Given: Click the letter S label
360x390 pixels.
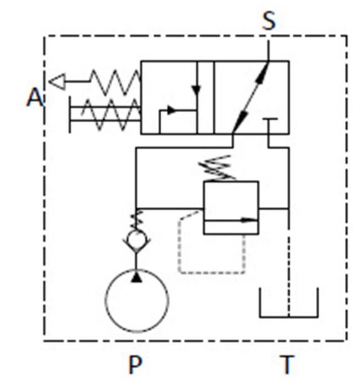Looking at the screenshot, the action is tap(269, 21).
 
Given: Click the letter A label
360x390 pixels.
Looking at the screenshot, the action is tap(35, 97).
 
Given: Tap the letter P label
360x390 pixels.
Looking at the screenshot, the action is tap(135, 364).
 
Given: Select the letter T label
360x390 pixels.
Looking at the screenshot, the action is tap(287, 364).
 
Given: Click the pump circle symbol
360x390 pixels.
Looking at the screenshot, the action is tap(106, 301).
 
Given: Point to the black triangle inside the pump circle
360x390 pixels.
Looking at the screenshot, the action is tap(136, 277).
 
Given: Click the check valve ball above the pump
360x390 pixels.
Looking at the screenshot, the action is tap(136, 239).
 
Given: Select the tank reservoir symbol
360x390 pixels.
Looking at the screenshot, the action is tap(289, 317).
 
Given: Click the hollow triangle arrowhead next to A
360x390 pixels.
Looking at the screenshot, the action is tap(58, 82).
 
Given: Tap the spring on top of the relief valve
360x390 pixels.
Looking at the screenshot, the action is tap(217, 168).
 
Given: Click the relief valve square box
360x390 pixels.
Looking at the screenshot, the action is tap(204, 208).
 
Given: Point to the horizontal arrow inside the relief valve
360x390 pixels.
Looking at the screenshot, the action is tap(231, 220).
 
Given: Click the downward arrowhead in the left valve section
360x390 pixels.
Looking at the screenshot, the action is tap(196, 90).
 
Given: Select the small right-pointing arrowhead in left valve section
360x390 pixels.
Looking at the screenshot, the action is tap(172, 110).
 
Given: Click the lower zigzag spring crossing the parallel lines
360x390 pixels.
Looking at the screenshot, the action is tap(111, 114).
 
